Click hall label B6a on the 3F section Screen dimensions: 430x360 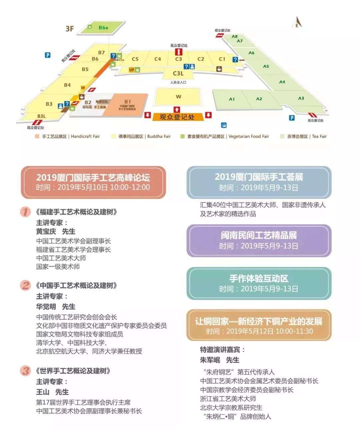(103, 28)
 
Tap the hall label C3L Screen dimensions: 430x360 (178, 73)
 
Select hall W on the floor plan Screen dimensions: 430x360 (178, 97)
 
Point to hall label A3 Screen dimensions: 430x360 (301, 98)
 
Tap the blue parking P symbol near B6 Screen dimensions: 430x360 (48, 55)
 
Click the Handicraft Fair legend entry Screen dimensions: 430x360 (68, 136)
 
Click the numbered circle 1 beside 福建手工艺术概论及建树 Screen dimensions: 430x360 (25, 212)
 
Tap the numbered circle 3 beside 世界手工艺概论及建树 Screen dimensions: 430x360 (25, 371)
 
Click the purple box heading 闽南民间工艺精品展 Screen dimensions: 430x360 (259, 235)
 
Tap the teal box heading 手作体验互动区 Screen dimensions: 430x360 (259, 278)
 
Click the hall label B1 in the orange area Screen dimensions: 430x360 (128, 102)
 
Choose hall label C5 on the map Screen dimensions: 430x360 (135, 59)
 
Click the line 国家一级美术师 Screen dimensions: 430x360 (58, 267)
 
